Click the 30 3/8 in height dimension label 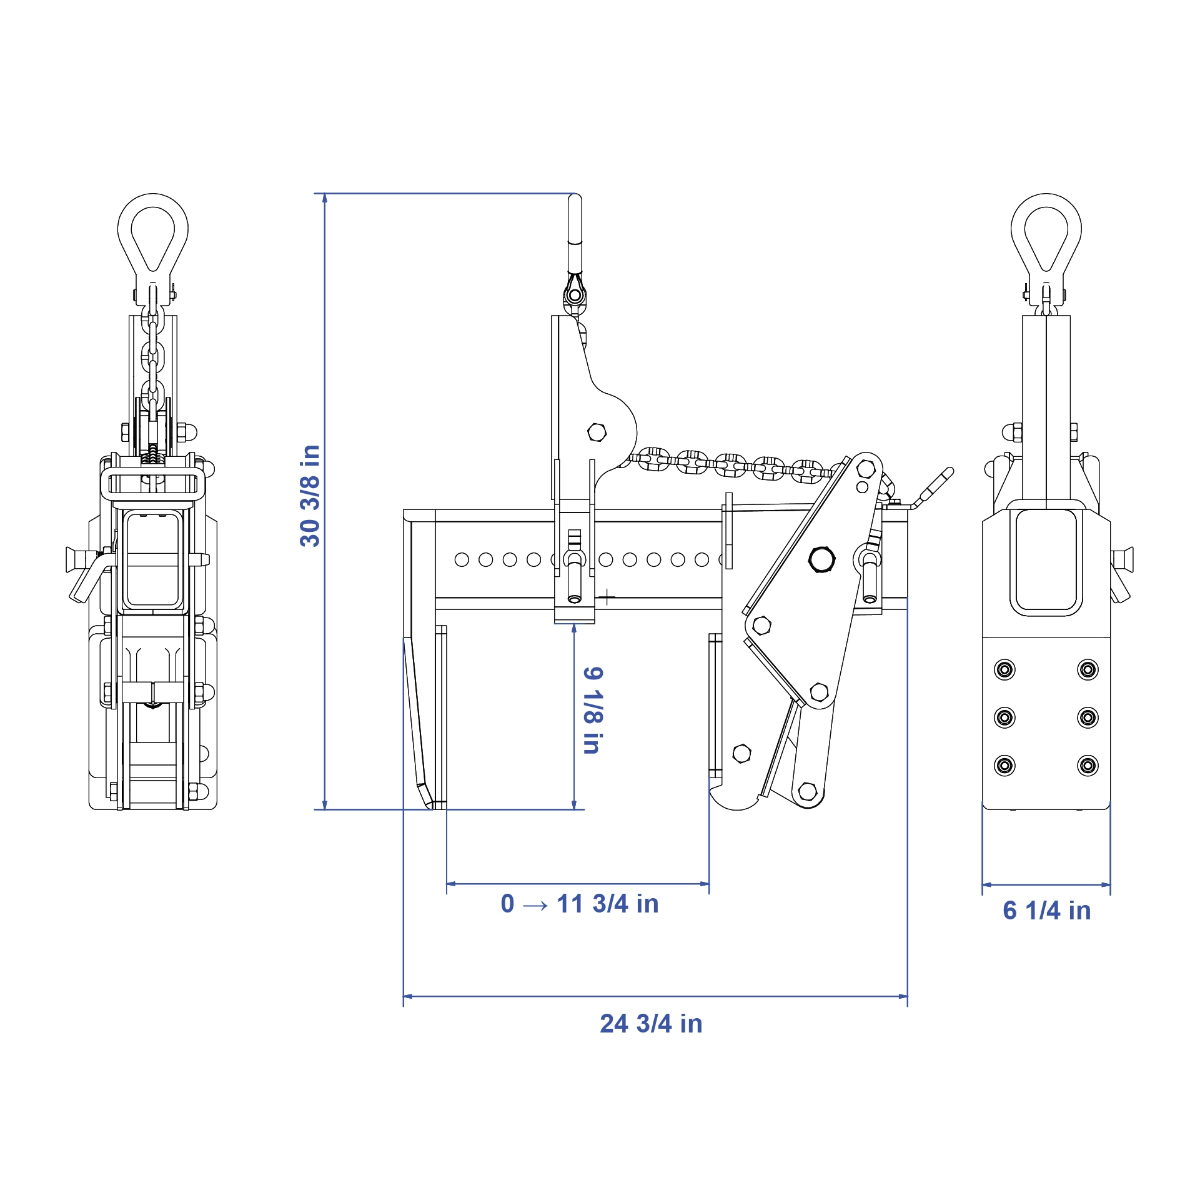[x=310, y=496]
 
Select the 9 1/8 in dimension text [x=593, y=711]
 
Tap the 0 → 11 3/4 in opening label [x=580, y=904]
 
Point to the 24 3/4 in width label [x=651, y=1024]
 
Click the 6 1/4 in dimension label [x=1046, y=911]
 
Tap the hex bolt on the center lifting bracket [x=597, y=432]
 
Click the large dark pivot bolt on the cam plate [x=821, y=559]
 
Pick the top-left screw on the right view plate [x=1004, y=670]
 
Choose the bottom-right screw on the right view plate [x=1088, y=765]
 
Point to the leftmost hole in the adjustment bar [x=462, y=559]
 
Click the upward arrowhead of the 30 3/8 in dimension [x=325, y=199]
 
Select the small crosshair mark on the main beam [x=607, y=597]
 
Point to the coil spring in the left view [x=152, y=458]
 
